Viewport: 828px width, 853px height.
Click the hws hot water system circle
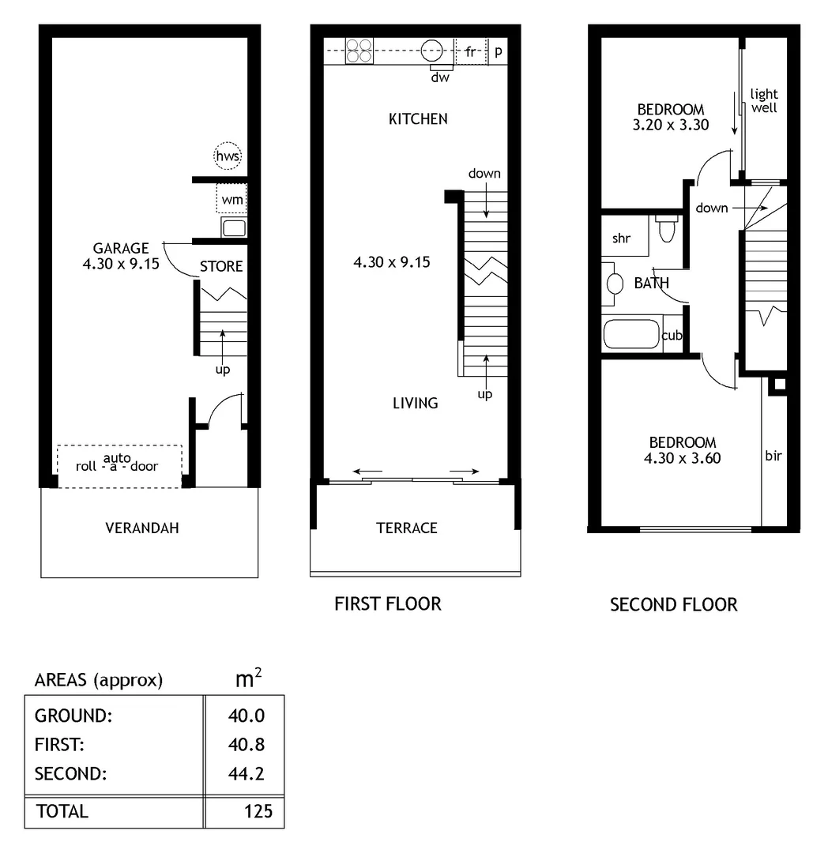[228, 156]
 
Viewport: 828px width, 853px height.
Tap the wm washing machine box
[231, 199]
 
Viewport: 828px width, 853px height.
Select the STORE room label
[221, 267]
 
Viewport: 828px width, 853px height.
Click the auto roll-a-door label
[117, 463]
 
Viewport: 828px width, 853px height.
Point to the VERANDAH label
[142, 528]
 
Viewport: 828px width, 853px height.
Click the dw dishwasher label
[440, 78]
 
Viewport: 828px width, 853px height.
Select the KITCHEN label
[418, 119]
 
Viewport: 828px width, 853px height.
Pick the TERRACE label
[407, 528]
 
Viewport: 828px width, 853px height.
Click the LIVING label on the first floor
[416, 403]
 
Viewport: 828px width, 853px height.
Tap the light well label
[764, 101]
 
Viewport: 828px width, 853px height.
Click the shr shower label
[622, 239]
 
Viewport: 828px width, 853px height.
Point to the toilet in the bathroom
[666, 229]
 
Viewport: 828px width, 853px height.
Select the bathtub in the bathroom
[631, 334]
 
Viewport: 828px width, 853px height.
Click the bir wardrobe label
[773, 456]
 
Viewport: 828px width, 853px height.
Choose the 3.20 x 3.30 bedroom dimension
[671, 124]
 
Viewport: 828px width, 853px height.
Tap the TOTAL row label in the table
[62, 811]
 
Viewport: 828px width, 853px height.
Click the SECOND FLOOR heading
[673, 605]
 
